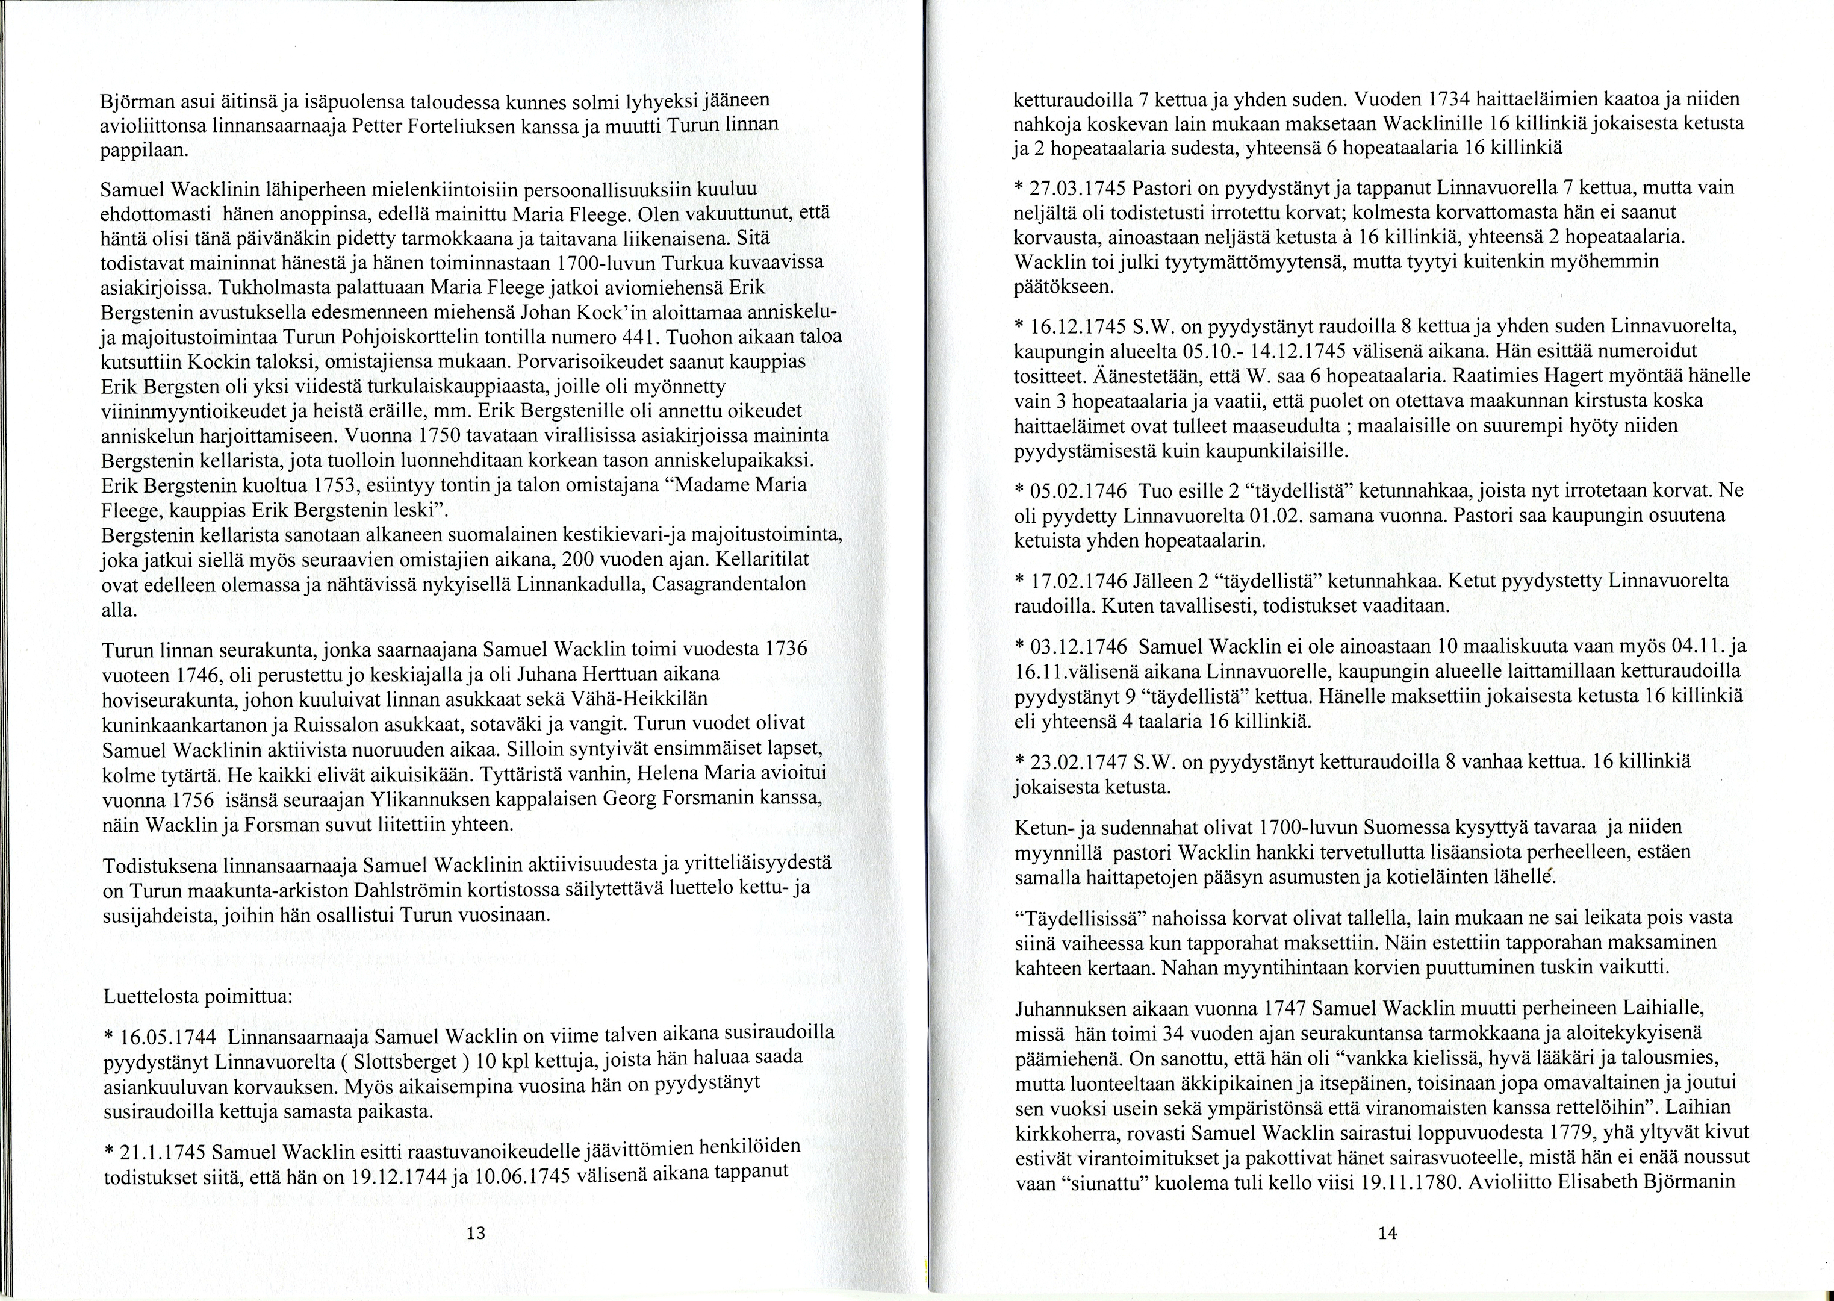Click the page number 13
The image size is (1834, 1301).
pos(476,1232)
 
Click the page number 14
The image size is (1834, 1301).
pos(1388,1234)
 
